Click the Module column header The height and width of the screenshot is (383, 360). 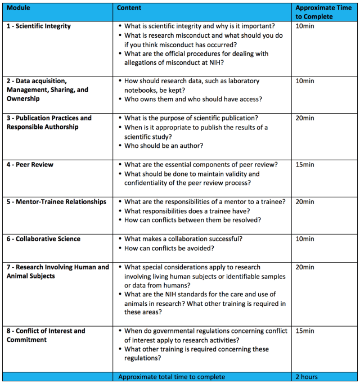tap(19, 8)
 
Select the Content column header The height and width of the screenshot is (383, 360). tap(129, 8)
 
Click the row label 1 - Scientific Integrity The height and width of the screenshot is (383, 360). tap(39, 26)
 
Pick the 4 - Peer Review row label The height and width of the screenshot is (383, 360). tap(30, 164)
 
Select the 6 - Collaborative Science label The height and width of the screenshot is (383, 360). tap(43, 239)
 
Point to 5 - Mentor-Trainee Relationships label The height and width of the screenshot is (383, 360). tap(56, 201)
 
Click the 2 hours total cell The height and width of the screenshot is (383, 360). tap(306, 377)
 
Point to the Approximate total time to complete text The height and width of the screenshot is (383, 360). tap(172, 377)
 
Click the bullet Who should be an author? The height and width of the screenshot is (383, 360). tap(164, 146)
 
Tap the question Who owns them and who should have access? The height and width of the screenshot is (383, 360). tap(193, 100)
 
